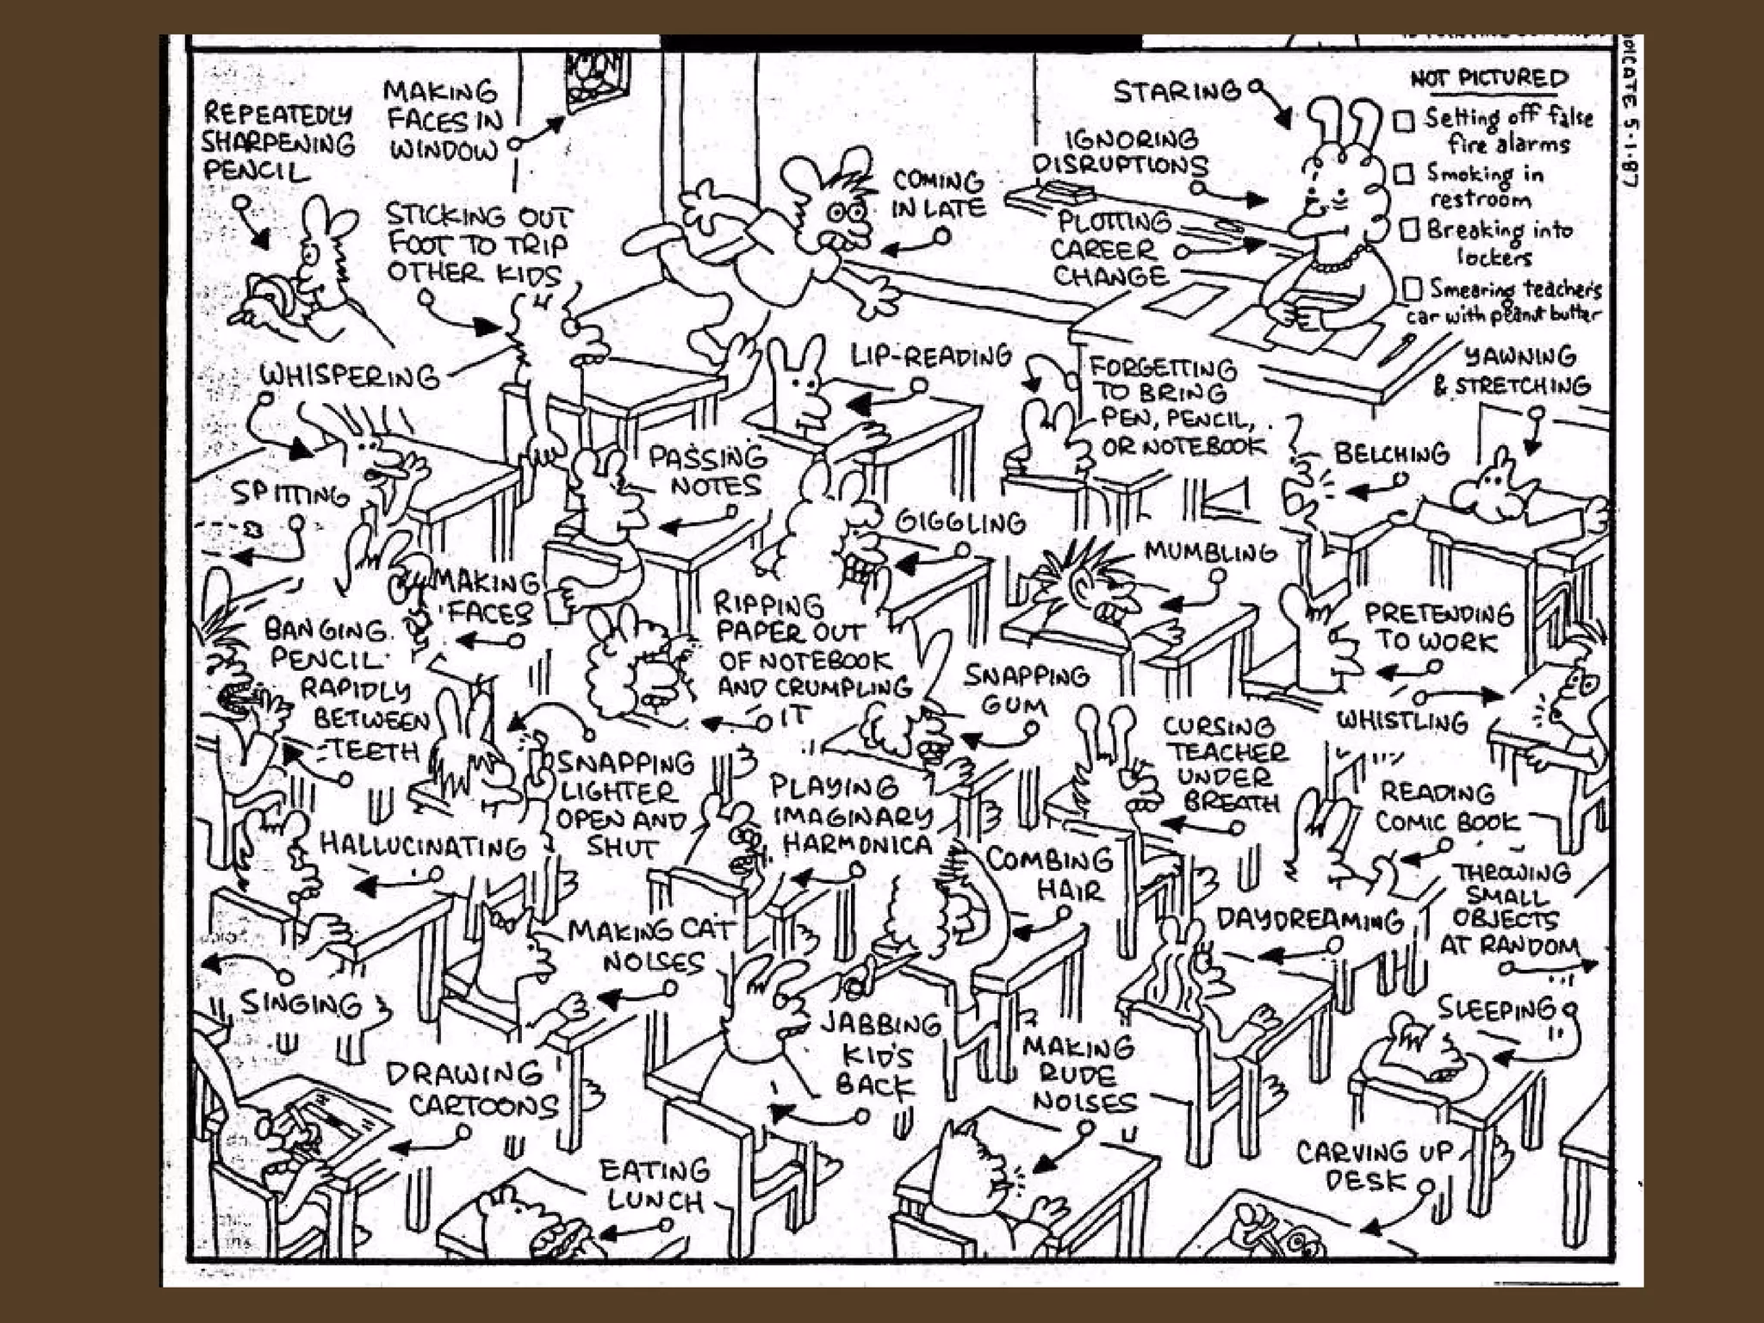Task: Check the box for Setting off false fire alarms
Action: tap(1404, 121)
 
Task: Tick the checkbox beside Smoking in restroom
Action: tap(1405, 175)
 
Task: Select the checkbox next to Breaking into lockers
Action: tap(1409, 230)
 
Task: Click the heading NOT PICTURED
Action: tap(1489, 79)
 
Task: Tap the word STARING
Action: tap(1177, 91)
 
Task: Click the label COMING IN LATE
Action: tap(938, 195)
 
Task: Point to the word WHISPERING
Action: tap(349, 376)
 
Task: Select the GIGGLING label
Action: tap(960, 522)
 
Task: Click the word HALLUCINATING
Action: tap(422, 846)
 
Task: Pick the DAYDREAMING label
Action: tap(1309, 920)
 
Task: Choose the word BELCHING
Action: tap(1392, 453)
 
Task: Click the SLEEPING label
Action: tap(1496, 1008)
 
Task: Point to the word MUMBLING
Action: tap(1210, 552)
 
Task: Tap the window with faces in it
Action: tap(597, 80)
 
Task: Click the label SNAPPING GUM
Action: tap(1025, 690)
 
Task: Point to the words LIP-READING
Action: tap(931, 356)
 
